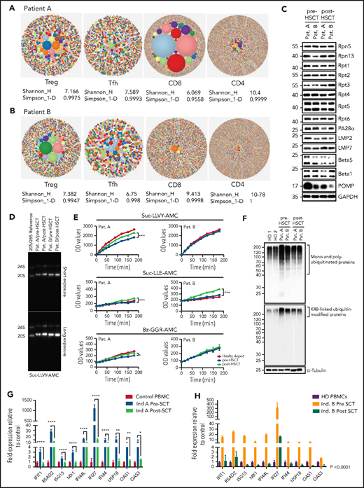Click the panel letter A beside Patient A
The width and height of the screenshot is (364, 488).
(x=5, y=6)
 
